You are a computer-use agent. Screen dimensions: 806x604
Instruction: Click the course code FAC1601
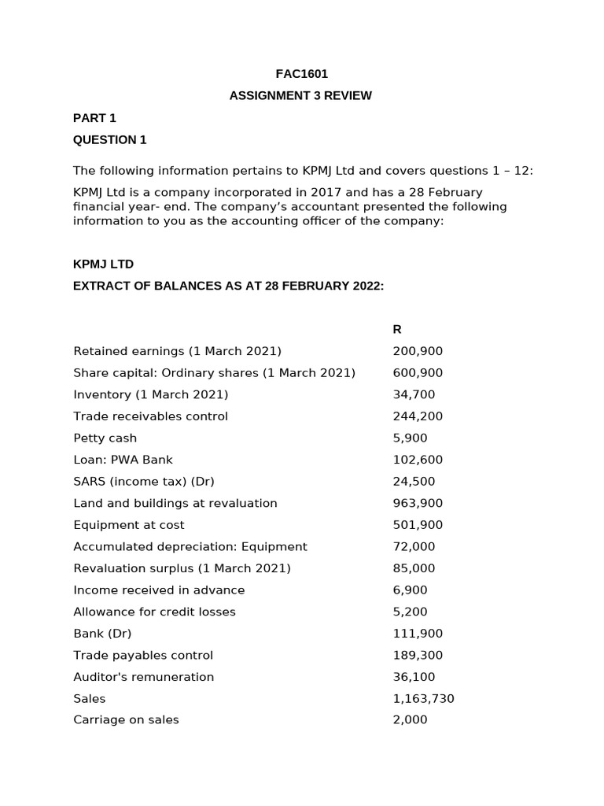tap(301, 74)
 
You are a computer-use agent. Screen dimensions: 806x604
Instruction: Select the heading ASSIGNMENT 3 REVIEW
tap(301, 96)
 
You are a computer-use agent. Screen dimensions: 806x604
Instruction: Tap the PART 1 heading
tap(94, 118)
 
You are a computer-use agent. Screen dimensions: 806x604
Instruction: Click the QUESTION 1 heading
tap(110, 140)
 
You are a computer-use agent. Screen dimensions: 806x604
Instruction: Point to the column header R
tap(397, 329)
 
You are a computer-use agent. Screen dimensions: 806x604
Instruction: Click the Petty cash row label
tap(105, 438)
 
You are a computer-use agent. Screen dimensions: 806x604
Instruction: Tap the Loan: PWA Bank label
tap(123, 460)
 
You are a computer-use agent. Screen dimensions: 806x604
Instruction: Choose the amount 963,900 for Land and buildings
tap(418, 503)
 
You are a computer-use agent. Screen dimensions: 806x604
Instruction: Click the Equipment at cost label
tap(129, 525)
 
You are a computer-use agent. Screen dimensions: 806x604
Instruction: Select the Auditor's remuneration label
tap(143, 677)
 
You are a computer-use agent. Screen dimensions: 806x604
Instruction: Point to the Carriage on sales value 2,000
tap(410, 719)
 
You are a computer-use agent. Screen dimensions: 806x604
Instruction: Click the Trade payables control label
tap(143, 655)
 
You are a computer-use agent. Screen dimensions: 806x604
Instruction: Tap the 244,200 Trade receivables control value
tap(418, 416)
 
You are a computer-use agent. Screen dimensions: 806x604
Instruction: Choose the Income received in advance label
tap(159, 590)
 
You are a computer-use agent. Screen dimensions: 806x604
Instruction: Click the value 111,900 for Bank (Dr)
tap(418, 634)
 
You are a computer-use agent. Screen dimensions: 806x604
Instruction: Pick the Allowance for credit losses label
tap(154, 612)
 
